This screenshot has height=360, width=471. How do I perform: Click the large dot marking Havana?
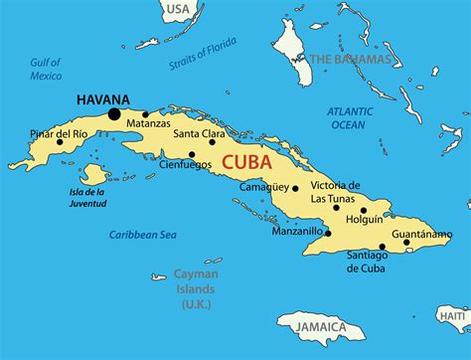(113, 114)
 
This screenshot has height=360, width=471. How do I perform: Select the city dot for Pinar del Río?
(61, 141)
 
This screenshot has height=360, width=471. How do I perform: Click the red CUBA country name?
(250, 162)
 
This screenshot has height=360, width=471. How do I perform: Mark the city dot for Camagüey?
(294, 186)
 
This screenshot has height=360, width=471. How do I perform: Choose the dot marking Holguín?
(364, 210)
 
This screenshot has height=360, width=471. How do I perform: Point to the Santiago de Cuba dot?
(384, 247)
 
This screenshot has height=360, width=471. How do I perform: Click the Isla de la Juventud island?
(92, 175)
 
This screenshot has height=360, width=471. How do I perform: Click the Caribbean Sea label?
(142, 235)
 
